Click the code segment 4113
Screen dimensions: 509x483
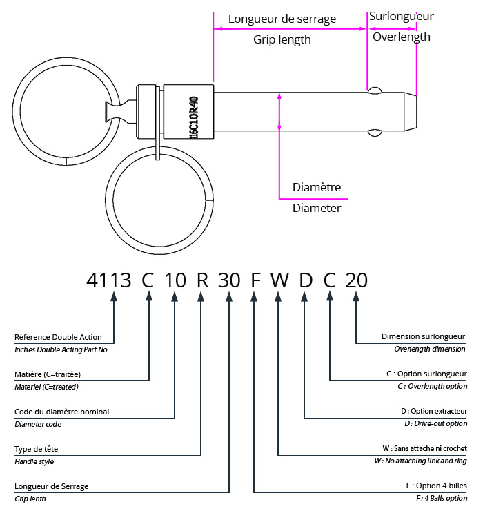[108, 280]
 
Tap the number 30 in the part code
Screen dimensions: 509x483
[228, 280]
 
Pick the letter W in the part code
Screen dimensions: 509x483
[279, 280]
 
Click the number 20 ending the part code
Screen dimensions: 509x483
[356, 280]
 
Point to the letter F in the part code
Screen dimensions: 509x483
[255, 280]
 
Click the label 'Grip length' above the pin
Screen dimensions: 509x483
[282, 39]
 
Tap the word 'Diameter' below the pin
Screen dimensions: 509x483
[317, 207]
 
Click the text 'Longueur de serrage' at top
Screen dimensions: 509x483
[282, 19]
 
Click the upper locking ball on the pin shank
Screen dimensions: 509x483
[375, 90]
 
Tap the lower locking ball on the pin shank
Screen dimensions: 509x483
[375, 132]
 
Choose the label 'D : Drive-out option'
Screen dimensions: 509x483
[435, 423]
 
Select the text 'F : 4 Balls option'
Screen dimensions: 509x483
[441, 498]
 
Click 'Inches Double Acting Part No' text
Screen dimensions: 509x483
[61, 349]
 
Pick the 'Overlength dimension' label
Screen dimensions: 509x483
[430, 349]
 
